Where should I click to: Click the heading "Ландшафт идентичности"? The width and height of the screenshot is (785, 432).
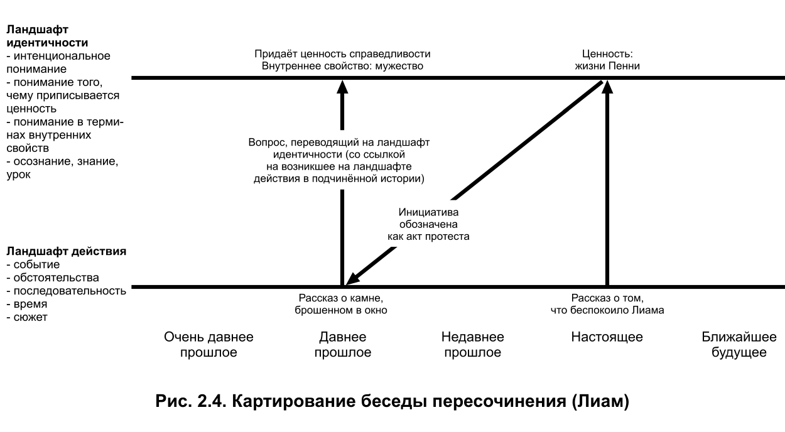point(46,36)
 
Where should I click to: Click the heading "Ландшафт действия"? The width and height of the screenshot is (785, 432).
point(66,251)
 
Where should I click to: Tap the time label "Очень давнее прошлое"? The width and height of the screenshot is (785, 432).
point(208,345)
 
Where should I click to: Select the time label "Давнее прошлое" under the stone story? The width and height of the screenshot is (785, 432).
point(342,345)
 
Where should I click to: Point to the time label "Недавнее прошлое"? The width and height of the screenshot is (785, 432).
point(472,345)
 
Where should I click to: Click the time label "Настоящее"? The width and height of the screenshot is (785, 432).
point(607,337)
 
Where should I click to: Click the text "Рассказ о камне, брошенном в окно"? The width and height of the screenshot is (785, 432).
point(343,304)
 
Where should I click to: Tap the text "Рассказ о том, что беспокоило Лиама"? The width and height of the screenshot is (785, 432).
point(607,304)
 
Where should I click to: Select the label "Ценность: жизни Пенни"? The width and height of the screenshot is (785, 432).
point(607,60)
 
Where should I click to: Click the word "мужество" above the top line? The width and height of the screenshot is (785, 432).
point(398,66)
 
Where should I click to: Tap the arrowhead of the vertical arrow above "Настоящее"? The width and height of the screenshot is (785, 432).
point(607,88)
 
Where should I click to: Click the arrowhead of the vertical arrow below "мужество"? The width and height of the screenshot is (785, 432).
point(342,87)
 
